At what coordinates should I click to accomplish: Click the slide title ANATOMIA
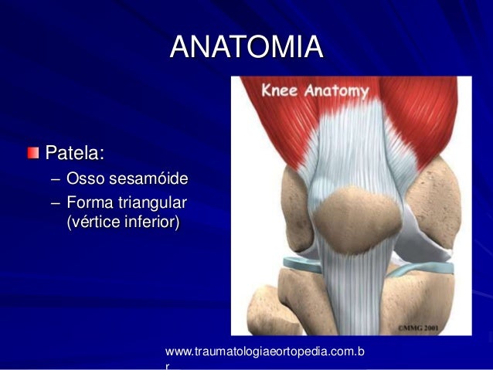246,46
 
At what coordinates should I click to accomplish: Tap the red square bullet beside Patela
32,149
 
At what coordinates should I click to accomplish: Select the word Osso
87,181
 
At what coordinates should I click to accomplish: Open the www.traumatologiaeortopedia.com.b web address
265,353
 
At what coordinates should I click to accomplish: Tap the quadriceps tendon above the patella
352,147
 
